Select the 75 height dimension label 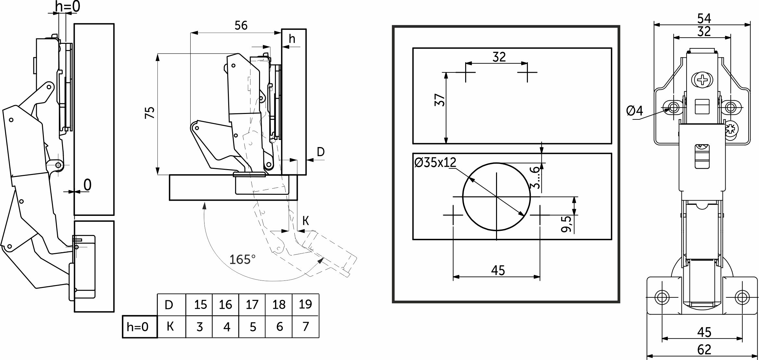point(150,113)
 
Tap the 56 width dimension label point(241,26)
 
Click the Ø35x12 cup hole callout point(435,162)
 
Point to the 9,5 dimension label point(566,224)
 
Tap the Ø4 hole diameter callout point(634,111)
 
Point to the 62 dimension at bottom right point(704,350)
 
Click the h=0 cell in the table point(138,327)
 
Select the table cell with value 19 point(305,304)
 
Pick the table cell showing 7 point(305,327)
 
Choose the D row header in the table point(169,305)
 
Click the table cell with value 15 point(200,305)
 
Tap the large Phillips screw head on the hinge point(702,80)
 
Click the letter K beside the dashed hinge point(305,221)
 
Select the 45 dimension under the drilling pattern point(498,270)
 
